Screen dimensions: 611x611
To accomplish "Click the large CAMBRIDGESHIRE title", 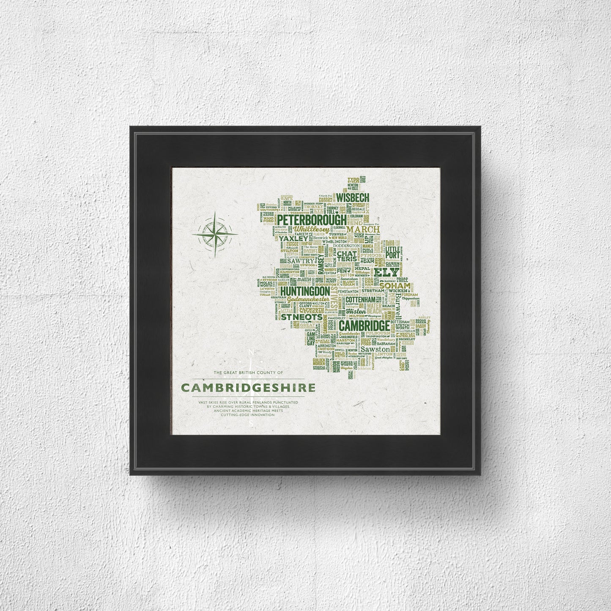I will click(x=248, y=388).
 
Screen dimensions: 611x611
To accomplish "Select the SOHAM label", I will click(x=389, y=286).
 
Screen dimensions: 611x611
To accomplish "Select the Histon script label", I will click(x=353, y=311).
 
